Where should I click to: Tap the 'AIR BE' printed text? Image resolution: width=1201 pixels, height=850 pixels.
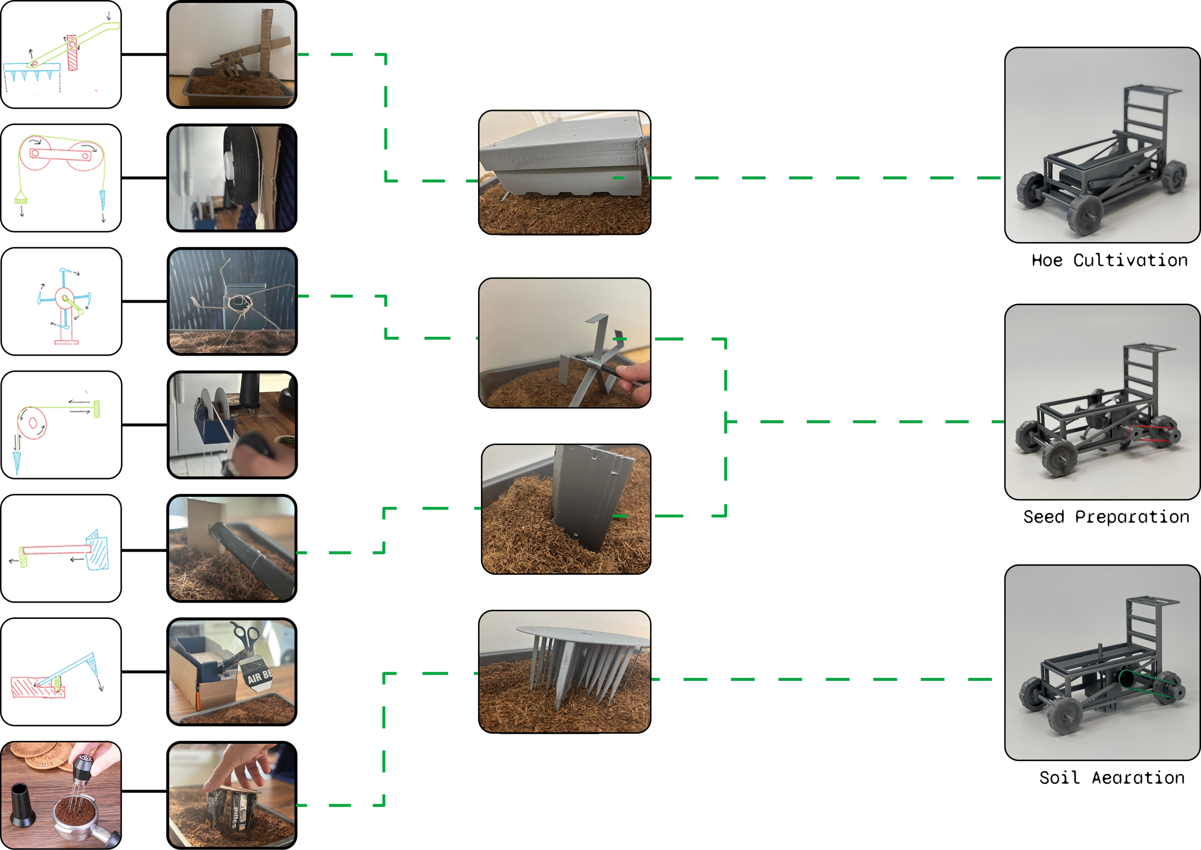tap(260, 677)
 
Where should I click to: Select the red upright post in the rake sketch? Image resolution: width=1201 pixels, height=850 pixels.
tap(72, 52)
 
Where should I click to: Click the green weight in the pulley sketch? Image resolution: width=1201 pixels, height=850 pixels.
tap(20, 198)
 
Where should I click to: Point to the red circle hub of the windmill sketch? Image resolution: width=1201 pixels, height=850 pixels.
tap(64, 298)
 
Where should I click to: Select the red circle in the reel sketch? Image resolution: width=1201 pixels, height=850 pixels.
tap(33, 423)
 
